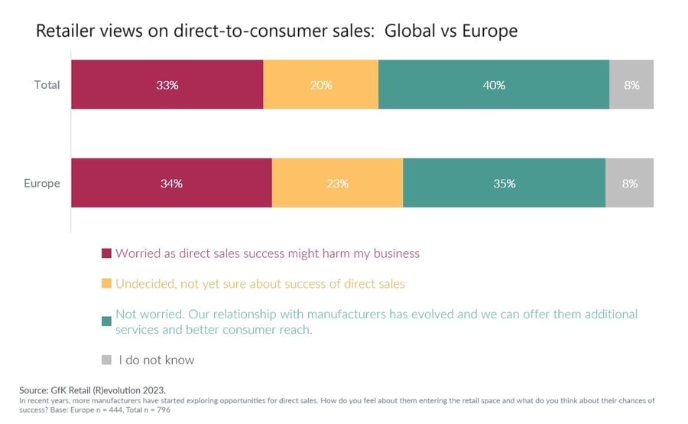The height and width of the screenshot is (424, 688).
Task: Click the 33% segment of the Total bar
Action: [x=167, y=85]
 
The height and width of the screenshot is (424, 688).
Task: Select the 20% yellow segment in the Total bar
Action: [x=321, y=85]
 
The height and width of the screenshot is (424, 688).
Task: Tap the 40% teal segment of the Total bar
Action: [x=494, y=85]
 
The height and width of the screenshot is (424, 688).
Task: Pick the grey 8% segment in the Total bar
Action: [x=631, y=85]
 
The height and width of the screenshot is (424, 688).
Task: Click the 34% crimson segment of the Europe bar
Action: [x=171, y=184]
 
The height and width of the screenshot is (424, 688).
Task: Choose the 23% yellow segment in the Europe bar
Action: [x=337, y=184]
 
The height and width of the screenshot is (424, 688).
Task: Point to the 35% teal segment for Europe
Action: [x=505, y=184]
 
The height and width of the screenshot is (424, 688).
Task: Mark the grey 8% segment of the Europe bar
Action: [x=630, y=184]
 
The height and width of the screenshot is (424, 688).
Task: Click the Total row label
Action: [x=47, y=85]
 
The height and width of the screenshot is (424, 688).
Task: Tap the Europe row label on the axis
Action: [x=42, y=184]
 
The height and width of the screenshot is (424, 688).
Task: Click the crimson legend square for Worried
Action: [x=106, y=253]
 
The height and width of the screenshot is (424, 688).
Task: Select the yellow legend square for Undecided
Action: [x=106, y=284]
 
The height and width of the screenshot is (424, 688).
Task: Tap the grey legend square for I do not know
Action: [x=106, y=360]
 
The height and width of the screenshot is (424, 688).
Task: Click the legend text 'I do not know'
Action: [x=157, y=360]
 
